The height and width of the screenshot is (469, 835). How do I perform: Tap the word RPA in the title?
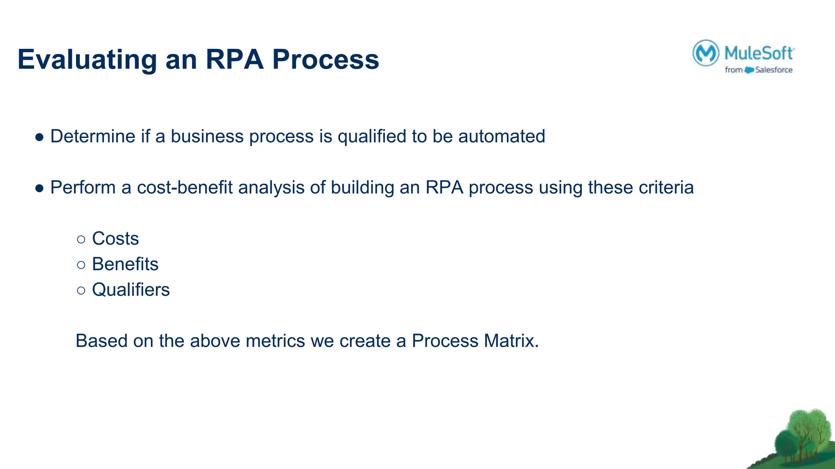point(234,60)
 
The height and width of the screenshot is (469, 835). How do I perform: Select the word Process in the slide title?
point(325,60)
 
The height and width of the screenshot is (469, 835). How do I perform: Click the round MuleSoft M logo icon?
point(705,53)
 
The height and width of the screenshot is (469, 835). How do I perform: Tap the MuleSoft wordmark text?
point(759,53)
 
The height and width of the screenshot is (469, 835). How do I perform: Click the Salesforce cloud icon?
point(749,70)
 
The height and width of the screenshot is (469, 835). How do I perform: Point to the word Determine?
point(93,136)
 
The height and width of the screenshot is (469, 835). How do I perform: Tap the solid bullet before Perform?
point(40,188)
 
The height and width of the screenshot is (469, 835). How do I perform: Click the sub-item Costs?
point(115,239)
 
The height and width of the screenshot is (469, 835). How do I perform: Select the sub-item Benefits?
point(125,264)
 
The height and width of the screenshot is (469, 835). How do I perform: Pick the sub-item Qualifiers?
point(131,290)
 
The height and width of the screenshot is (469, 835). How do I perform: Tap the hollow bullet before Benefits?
point(81,265)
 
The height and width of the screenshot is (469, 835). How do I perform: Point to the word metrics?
point(275,341)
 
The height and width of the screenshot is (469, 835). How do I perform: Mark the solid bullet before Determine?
point(40,137)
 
